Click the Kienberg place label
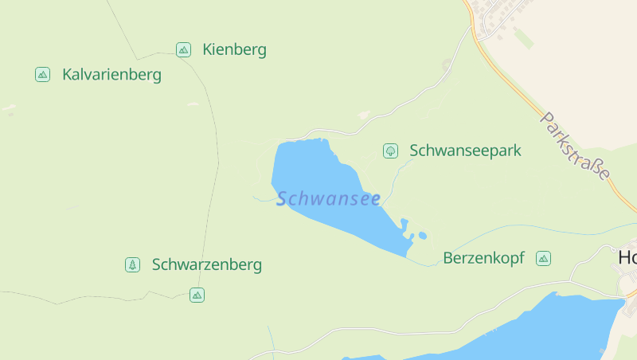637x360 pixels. coord(234,50)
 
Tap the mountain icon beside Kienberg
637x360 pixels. coord(183,50)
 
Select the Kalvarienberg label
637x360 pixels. coord(111,75)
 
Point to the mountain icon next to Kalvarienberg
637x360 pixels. coord(42,75)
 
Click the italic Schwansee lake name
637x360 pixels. coord(328,199)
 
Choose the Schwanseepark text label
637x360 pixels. coord(465,151)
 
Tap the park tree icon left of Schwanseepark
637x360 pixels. coord(390,151)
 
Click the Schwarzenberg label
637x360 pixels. coord(206,264)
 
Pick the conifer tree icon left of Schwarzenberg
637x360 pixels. coord(132,264)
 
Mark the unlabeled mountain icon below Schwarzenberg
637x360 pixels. coord(197,295)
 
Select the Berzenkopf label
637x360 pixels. coord(483,258)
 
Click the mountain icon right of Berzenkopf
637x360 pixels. coord(543,258)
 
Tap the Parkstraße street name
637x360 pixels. coord(575,146)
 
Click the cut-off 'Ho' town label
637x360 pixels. coord(627,257)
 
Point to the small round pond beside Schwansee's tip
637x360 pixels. coord(422,236)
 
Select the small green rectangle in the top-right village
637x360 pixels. coord(523,37)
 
